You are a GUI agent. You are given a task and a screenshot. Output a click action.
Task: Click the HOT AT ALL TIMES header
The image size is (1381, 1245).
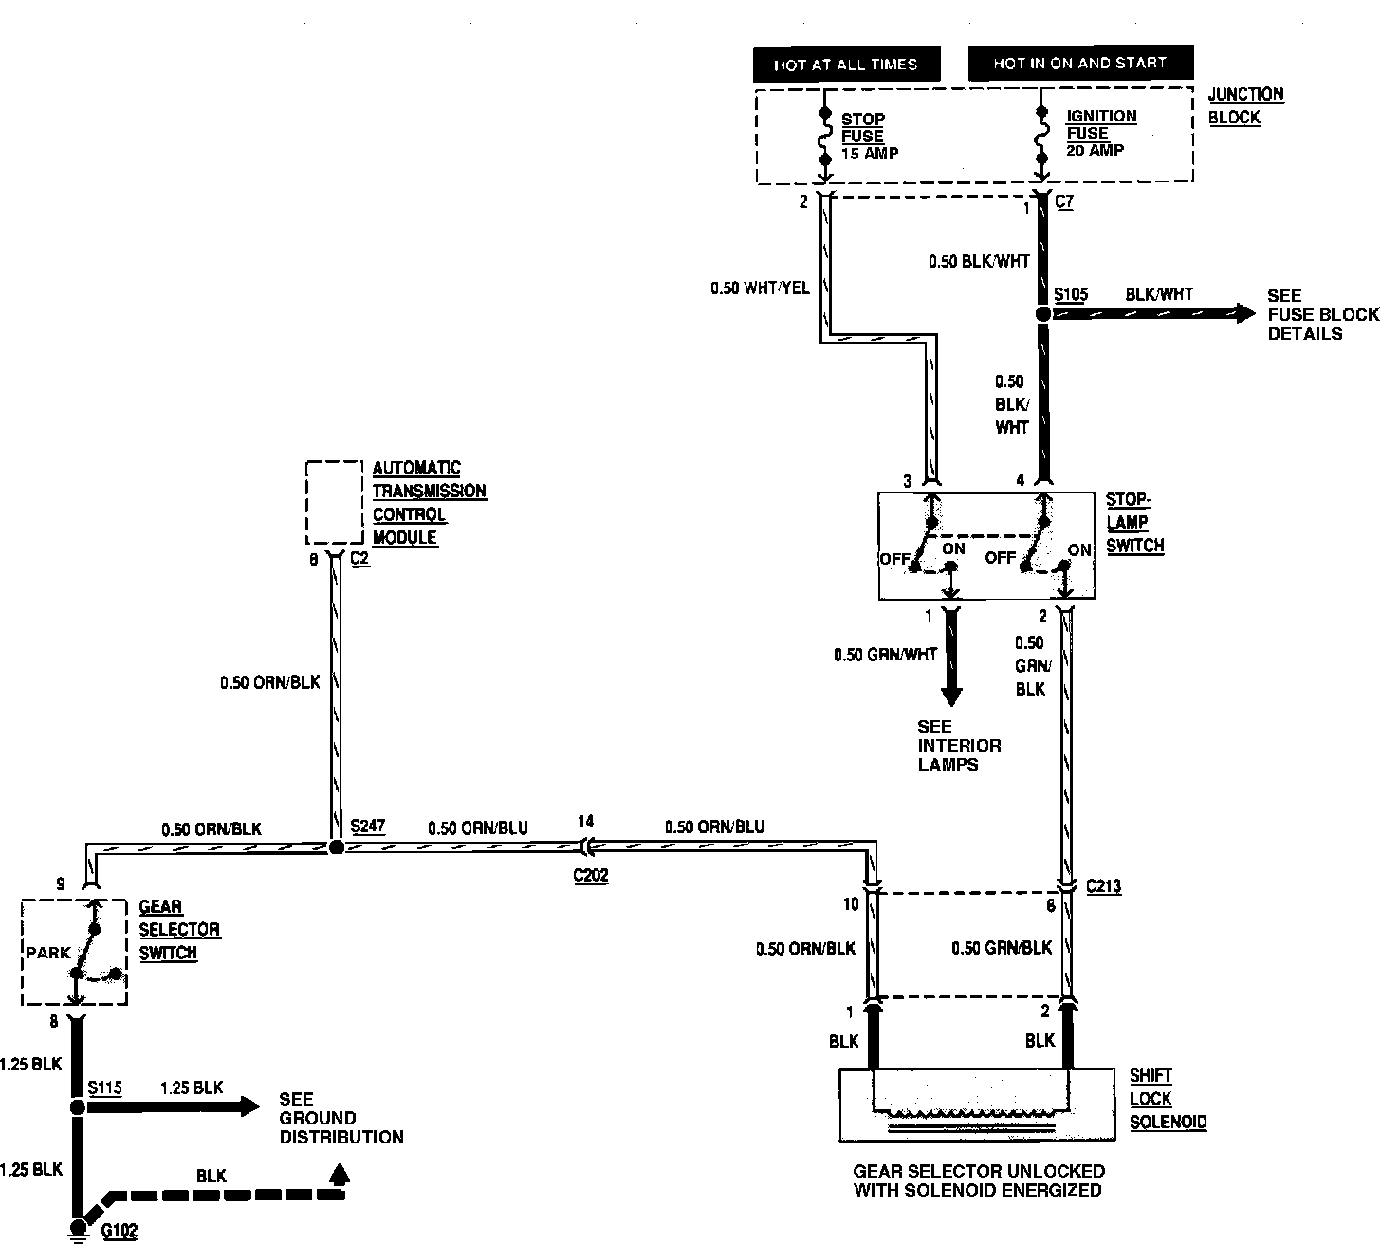pos(846,65)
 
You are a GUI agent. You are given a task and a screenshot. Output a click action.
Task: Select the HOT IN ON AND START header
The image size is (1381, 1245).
pos(1079,64)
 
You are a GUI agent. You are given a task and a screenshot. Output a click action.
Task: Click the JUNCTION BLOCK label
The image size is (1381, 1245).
pos(1245,105)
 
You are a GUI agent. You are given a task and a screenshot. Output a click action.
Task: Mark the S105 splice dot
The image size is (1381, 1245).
pos(1043,313)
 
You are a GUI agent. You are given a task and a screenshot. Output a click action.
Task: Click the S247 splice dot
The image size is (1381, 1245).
pos(336,847)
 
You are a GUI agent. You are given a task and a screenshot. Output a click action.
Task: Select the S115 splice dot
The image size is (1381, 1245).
pos(78,1106)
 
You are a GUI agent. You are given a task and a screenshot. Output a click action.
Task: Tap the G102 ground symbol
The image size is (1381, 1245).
pos(78,1228)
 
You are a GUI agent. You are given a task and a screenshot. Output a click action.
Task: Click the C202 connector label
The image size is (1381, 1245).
pos(590,876)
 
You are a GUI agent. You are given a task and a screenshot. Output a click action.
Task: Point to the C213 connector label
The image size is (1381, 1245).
pos(1103,887)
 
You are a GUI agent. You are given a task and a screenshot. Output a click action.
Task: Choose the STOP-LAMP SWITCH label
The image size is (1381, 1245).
pos(1134,522)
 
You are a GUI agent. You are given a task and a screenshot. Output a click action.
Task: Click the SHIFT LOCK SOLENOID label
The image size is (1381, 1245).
pos(1168,1099)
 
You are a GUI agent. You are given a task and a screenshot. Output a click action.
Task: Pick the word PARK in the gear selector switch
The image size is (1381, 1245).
pos(49,952)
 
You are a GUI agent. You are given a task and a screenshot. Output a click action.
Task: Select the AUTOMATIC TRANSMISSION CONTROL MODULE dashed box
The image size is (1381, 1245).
pos(334,502)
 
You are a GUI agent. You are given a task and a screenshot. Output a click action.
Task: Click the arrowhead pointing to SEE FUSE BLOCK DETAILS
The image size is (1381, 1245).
pos(1245,313)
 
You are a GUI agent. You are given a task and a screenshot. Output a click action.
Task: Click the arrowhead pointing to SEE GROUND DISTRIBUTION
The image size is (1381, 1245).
pos(249,1106)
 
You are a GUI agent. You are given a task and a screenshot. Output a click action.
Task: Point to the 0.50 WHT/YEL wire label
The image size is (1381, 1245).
pos(760,287)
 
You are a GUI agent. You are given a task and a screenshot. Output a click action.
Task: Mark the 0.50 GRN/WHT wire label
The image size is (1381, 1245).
pos(885,655)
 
